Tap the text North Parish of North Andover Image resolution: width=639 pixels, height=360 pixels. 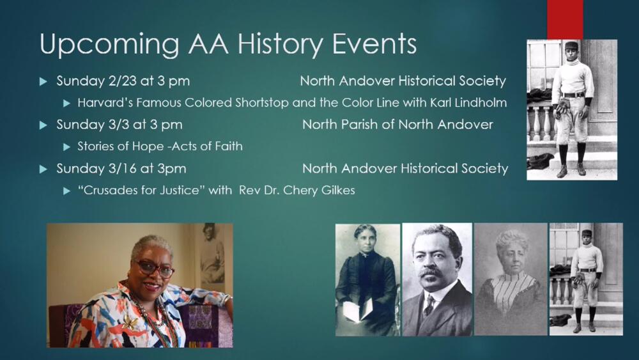pos(397,124)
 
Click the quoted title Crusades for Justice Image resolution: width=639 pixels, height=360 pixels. pos(141,190)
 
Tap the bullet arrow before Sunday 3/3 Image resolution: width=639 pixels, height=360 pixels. pos(43,125)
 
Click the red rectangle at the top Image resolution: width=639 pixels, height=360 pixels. pos(565,20)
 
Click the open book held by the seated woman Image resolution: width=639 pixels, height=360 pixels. pos(358,309)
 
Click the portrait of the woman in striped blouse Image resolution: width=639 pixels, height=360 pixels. pos(511,279)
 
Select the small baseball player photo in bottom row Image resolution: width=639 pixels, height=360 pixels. pos(586,279)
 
